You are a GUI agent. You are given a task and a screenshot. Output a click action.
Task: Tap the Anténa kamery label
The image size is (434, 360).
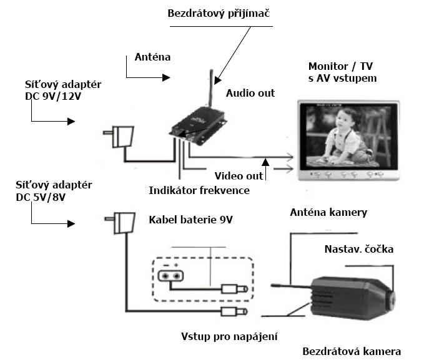328,213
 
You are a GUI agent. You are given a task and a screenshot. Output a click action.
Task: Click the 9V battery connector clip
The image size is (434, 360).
170,275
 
